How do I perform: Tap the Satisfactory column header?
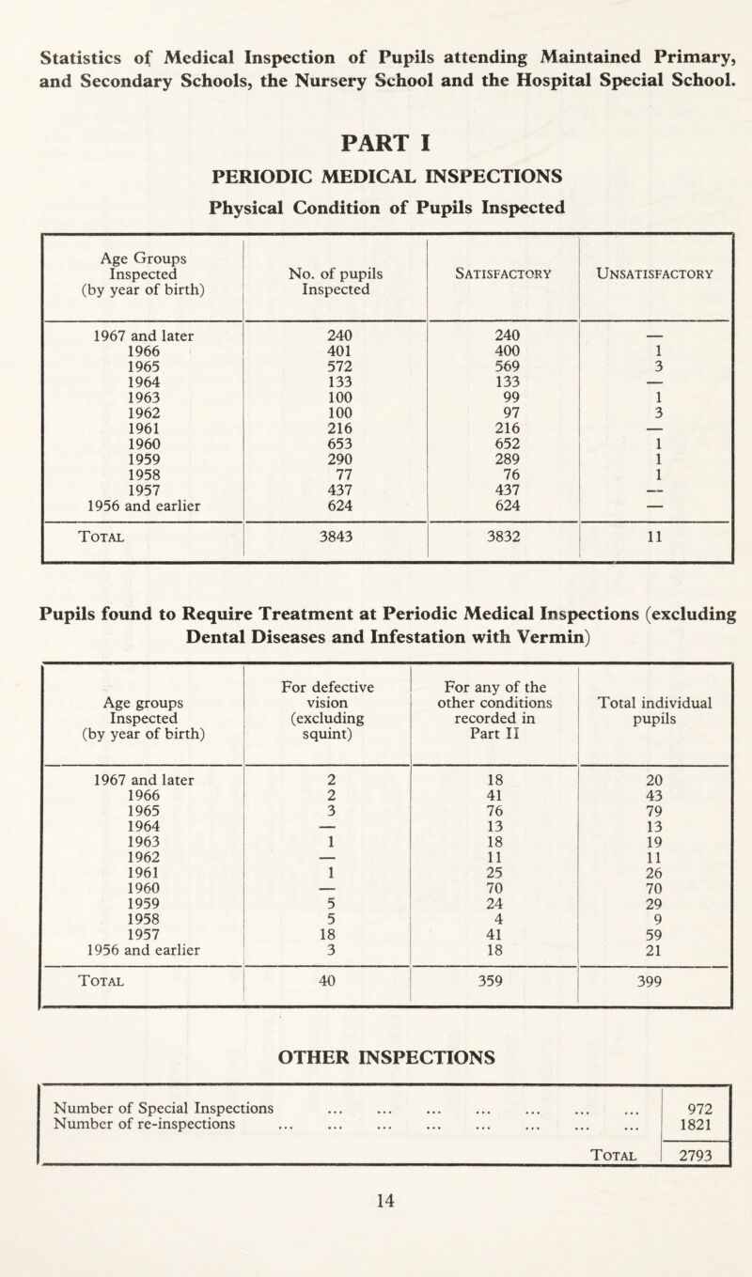click(503, 273)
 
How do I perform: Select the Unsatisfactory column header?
click(655, 273)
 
